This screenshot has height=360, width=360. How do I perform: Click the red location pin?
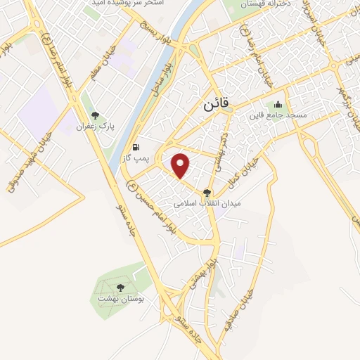181,165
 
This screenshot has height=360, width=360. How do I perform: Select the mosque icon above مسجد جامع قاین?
278,104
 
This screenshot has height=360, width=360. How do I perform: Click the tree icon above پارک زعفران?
96,115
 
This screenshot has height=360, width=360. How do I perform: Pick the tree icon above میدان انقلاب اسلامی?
206,191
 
